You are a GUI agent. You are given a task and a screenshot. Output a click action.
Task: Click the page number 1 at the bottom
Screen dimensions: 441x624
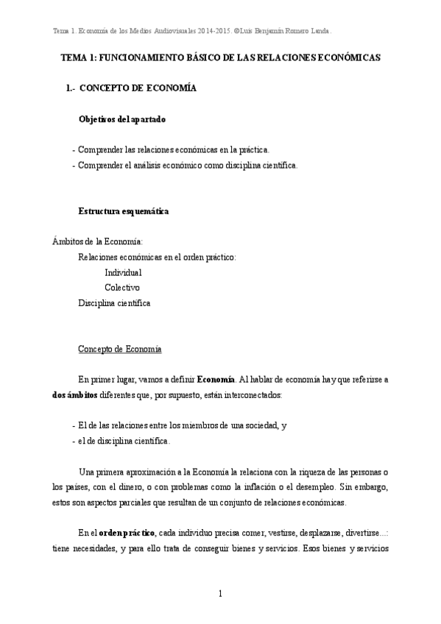click(220, 593)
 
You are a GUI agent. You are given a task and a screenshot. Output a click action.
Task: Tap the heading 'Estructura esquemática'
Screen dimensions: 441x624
click(124, 211)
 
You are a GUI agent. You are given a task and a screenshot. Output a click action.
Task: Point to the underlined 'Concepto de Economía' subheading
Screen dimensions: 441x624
click(120, 348)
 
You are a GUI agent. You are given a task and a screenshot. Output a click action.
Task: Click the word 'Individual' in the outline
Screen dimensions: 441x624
click(123, 272)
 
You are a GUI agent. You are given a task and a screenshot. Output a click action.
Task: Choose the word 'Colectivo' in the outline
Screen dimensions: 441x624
click(122, 287)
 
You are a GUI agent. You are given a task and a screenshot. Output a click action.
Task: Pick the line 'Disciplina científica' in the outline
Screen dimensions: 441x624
click(115, 302)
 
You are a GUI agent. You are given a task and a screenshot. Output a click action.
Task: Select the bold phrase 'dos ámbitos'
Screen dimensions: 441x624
click(76, 395)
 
